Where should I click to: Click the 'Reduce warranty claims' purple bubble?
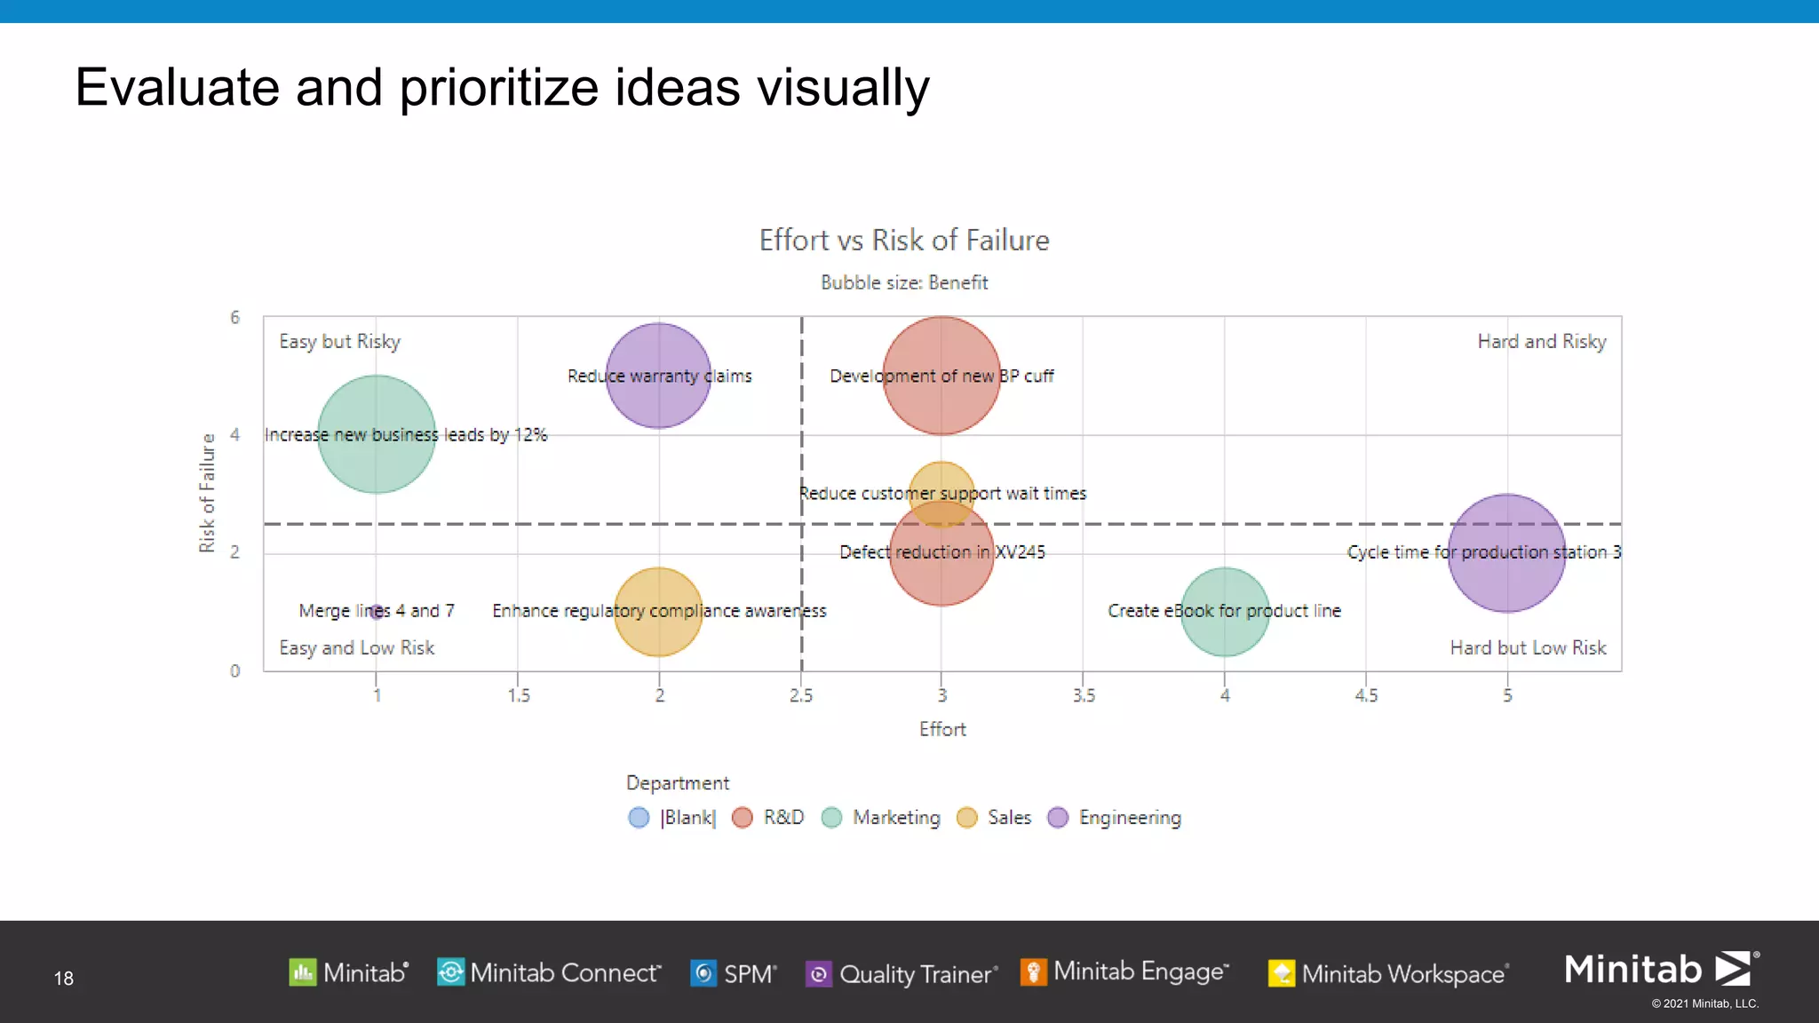coord(658,376)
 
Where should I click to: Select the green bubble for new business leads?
coord(377,434)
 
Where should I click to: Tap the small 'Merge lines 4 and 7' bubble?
coord(377,611)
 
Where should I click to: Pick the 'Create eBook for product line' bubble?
coord(1225,612)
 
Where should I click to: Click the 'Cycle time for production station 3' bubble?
coord(1506,552)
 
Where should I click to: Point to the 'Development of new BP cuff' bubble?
coord(941,376)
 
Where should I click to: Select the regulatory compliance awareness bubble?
coord(658,612)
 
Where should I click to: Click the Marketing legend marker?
coord(832,817)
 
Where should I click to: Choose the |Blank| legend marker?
coord(639,817)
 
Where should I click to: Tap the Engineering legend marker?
coord(1058,817)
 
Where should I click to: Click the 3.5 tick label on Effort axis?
coord(1084,695)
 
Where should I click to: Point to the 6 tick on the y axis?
coord(235,318)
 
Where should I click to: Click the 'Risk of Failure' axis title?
coord(207,493)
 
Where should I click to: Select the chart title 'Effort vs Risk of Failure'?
coord(904,241)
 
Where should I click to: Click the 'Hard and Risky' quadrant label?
coord(1542,342)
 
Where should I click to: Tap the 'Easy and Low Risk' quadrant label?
coord(357,648)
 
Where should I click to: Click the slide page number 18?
coord(64,979)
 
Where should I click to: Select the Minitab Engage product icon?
coord(1034,972)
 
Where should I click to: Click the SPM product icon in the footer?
coord(703,973)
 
